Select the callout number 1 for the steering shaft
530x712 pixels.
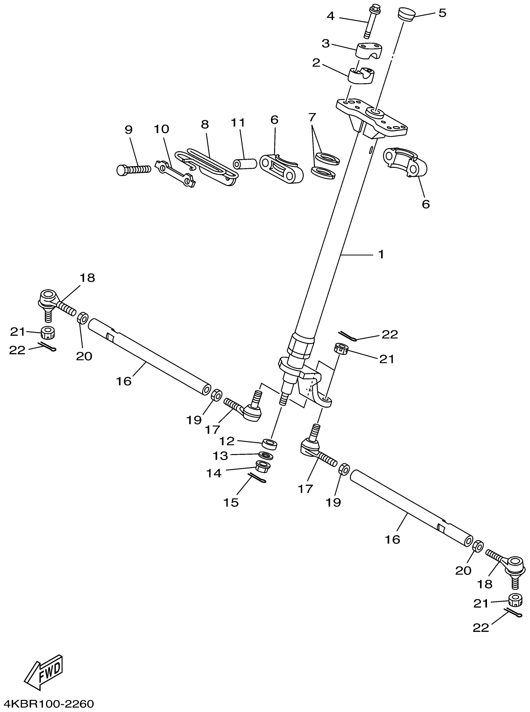pos(381,254)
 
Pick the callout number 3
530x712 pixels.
pos(325,43)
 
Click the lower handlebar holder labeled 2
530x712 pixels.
pos(361,76)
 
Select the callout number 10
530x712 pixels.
pos(161,129)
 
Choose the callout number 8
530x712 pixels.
pos(205,124)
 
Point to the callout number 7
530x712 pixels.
pos(312,117)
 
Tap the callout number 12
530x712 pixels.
pos(227,441)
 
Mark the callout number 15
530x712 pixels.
pos(231,502)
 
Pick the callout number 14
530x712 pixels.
pos(214,473)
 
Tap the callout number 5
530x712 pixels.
pos(442,13)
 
